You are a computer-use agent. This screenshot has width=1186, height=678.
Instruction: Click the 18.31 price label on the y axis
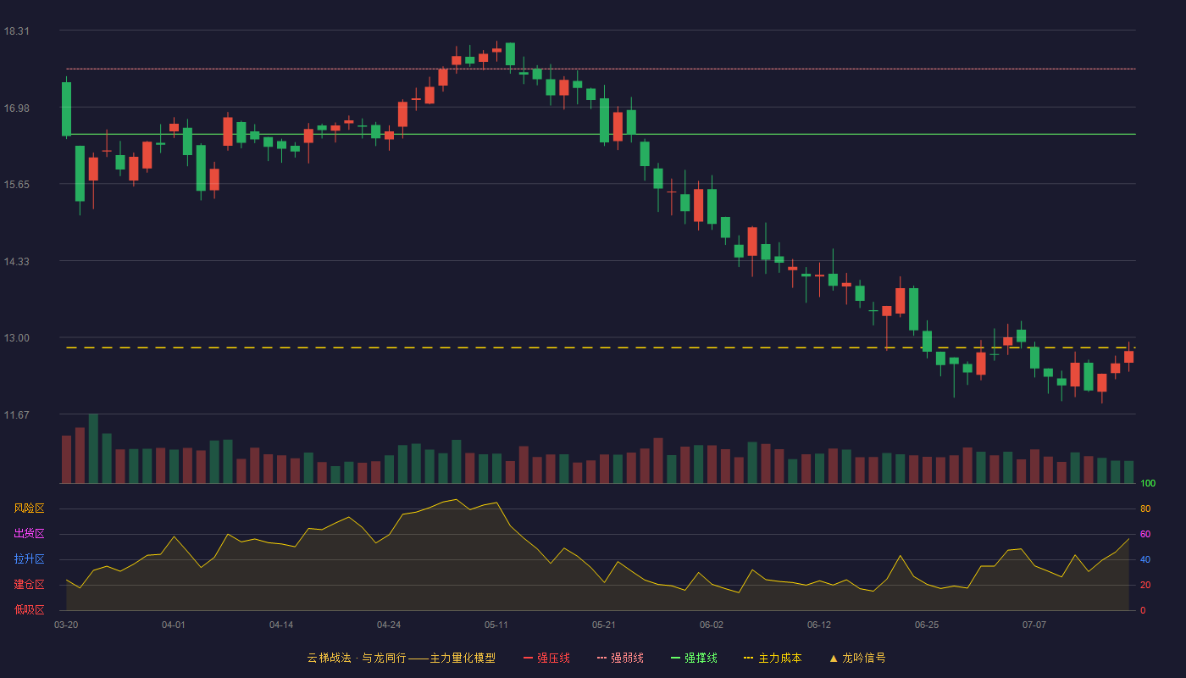click(x=16, y=31)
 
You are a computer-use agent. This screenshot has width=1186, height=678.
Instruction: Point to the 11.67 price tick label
click(x=16, y=414)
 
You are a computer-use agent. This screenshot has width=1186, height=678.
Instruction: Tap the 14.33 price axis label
click(x=16, y=262)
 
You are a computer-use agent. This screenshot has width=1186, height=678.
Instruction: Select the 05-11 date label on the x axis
click(x=496, y=625)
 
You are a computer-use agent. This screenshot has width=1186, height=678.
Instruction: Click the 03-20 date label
click(x=66, y=625)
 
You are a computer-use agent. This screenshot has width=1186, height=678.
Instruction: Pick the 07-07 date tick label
click(x=1034, y=625)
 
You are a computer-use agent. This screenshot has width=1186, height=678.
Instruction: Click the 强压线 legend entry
click(x=547, y=658)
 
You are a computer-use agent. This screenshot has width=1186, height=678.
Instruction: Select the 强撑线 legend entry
click(x=694, y=658)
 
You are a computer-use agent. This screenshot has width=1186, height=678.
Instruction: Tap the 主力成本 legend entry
click(x=773, y=658)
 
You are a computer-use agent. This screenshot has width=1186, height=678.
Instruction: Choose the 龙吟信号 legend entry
click(x=857, y=658)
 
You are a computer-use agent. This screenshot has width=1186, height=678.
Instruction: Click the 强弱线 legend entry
click(x=620, y=658)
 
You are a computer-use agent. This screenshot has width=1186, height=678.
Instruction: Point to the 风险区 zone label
click(x=29, y=508)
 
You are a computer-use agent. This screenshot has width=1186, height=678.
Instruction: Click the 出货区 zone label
click(x=29, y=533)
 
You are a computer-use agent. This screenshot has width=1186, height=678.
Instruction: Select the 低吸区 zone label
click(x=29, y=609)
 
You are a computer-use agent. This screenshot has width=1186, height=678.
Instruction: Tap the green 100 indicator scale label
click(x=1148, y=483)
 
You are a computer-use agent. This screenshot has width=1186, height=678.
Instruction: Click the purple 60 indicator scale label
click(x=1145, y=534)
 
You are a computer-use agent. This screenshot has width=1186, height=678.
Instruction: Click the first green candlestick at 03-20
click(x=66, y=109)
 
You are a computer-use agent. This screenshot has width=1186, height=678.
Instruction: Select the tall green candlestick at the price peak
click(x=510, y=54)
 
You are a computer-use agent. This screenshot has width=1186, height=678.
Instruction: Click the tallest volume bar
click(x=93, y=448)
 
